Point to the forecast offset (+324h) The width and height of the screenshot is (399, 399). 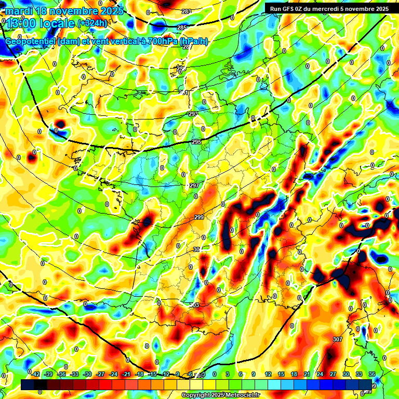coord(92,23)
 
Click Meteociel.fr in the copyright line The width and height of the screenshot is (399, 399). coord(238,395)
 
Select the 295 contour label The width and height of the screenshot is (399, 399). coord(196,142)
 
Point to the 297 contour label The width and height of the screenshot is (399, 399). coord(194,185)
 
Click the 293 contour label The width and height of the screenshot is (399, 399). coord(193,114)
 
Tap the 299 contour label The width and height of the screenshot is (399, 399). coord(199,218)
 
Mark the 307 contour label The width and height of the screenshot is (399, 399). coord(338,339)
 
